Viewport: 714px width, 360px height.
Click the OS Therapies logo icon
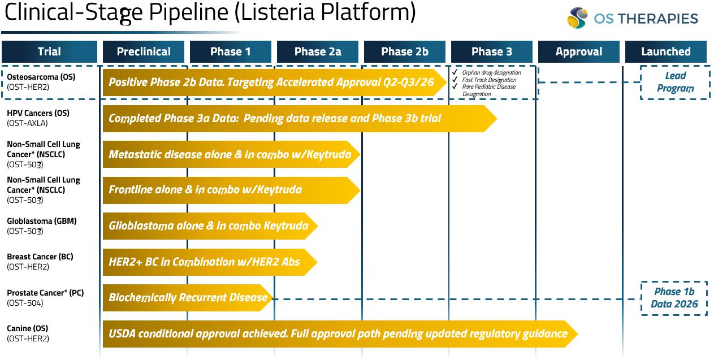tap(577, 18)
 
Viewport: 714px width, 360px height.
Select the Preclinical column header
tap(144, 51)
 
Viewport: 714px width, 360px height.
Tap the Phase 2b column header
tap(405, 51)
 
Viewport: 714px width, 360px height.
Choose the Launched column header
tap(666, 51)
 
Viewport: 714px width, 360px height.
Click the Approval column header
tap(579, 51)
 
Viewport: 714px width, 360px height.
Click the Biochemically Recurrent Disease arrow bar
tap(188, 298)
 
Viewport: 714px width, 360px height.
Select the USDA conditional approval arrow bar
tap(340, 333)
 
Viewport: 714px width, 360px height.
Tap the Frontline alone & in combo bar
tap(231, 190)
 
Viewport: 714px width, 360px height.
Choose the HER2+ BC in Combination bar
tap(210, 262)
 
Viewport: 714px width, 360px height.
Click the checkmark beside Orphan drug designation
tap(455, 72)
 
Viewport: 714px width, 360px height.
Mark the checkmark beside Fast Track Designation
tap(455, 79)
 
